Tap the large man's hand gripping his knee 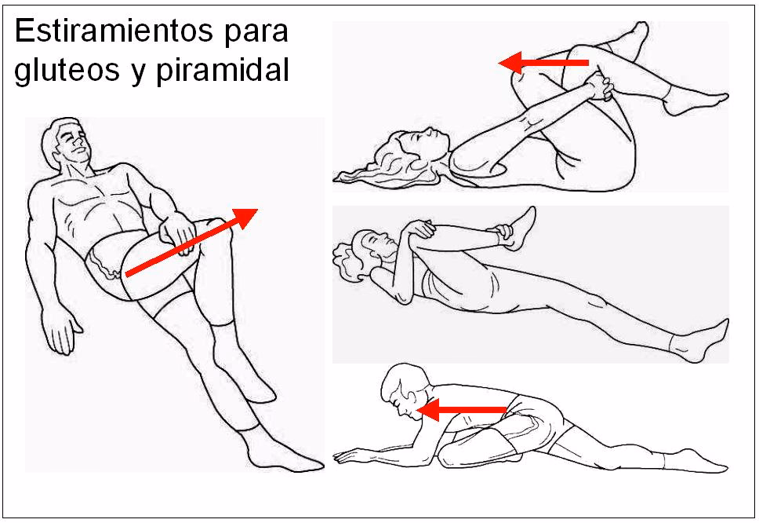click(x=174, y=232)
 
